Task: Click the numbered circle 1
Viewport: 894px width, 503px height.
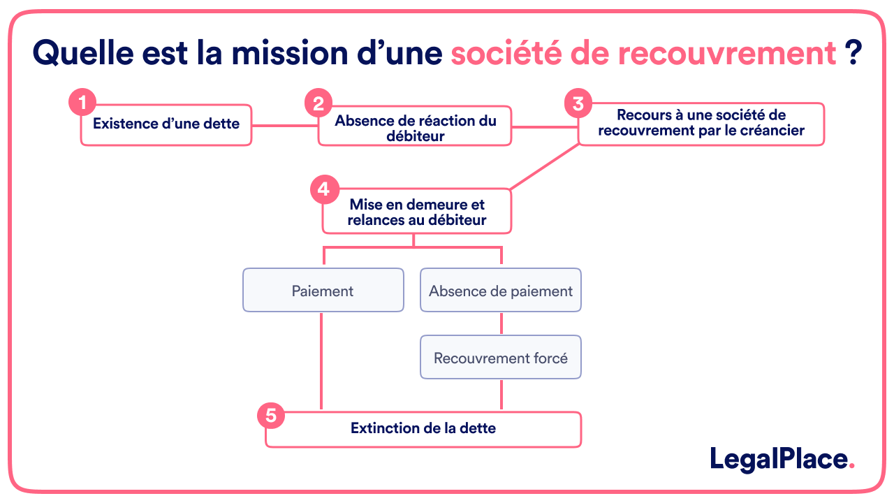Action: [x=82, y=103]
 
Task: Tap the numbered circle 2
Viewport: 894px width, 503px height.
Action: [x=318, y=104]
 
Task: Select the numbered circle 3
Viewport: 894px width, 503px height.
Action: [x=578, y=103]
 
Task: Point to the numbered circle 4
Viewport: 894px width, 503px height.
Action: [x=323, y=189]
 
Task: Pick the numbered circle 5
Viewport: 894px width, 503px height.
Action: [x=271, y=416]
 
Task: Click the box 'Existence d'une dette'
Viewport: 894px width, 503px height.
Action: [x=166, y=125]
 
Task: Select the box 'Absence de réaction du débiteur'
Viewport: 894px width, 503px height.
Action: [x=415, y=127]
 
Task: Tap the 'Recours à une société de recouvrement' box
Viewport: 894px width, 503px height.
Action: [x=701, y=124]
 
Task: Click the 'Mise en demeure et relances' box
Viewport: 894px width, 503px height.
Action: [x=417, y=212]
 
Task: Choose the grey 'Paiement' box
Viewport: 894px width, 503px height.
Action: [x=323, y=291]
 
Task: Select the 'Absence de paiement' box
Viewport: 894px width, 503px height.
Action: [x=501, y=291]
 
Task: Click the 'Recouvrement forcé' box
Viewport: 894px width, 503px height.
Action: [x=501, y=358]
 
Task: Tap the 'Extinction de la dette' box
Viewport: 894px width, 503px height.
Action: [x=423, y=429]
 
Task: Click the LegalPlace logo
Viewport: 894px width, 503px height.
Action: [x=782, y=459]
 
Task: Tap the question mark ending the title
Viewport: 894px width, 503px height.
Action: [x=852, y=53]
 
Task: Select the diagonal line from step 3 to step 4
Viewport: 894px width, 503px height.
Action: [x=545, y=167]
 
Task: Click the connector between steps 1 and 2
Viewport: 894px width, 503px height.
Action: [x=285, y=126]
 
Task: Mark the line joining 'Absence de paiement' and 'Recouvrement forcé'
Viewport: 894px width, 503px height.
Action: [x=501, y=323]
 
